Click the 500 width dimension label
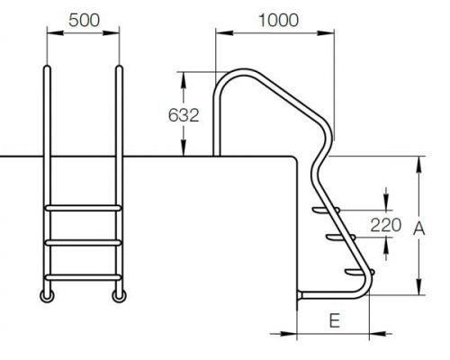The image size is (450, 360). (84, 21)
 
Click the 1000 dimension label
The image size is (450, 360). (278, 21)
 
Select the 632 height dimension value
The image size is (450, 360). (184, 115)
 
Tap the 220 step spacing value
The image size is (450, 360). (386, 225)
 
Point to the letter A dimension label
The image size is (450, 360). (419, 229)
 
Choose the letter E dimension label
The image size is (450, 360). (335, 320)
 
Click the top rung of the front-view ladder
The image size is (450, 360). (83, 208)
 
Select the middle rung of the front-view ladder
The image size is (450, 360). (83, 242)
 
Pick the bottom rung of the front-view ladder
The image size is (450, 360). (83, 277)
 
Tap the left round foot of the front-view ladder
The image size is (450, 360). (47, 296)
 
